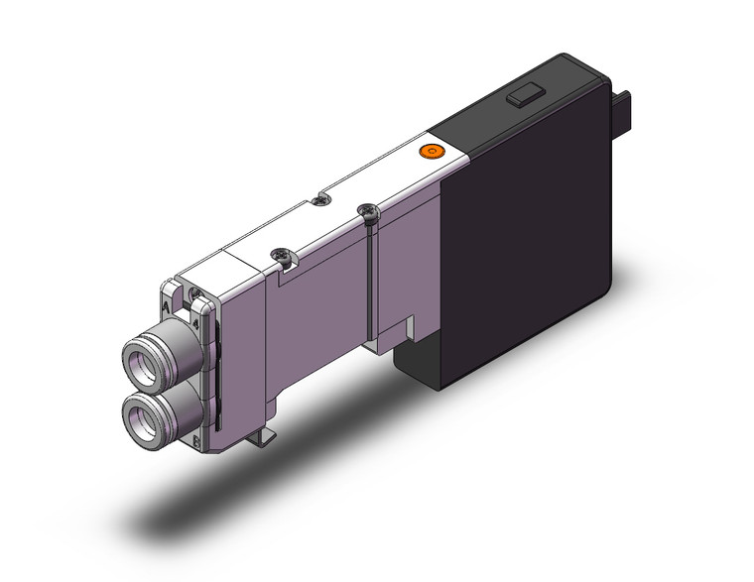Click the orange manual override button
pyautogui.click(x=430, y=152)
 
